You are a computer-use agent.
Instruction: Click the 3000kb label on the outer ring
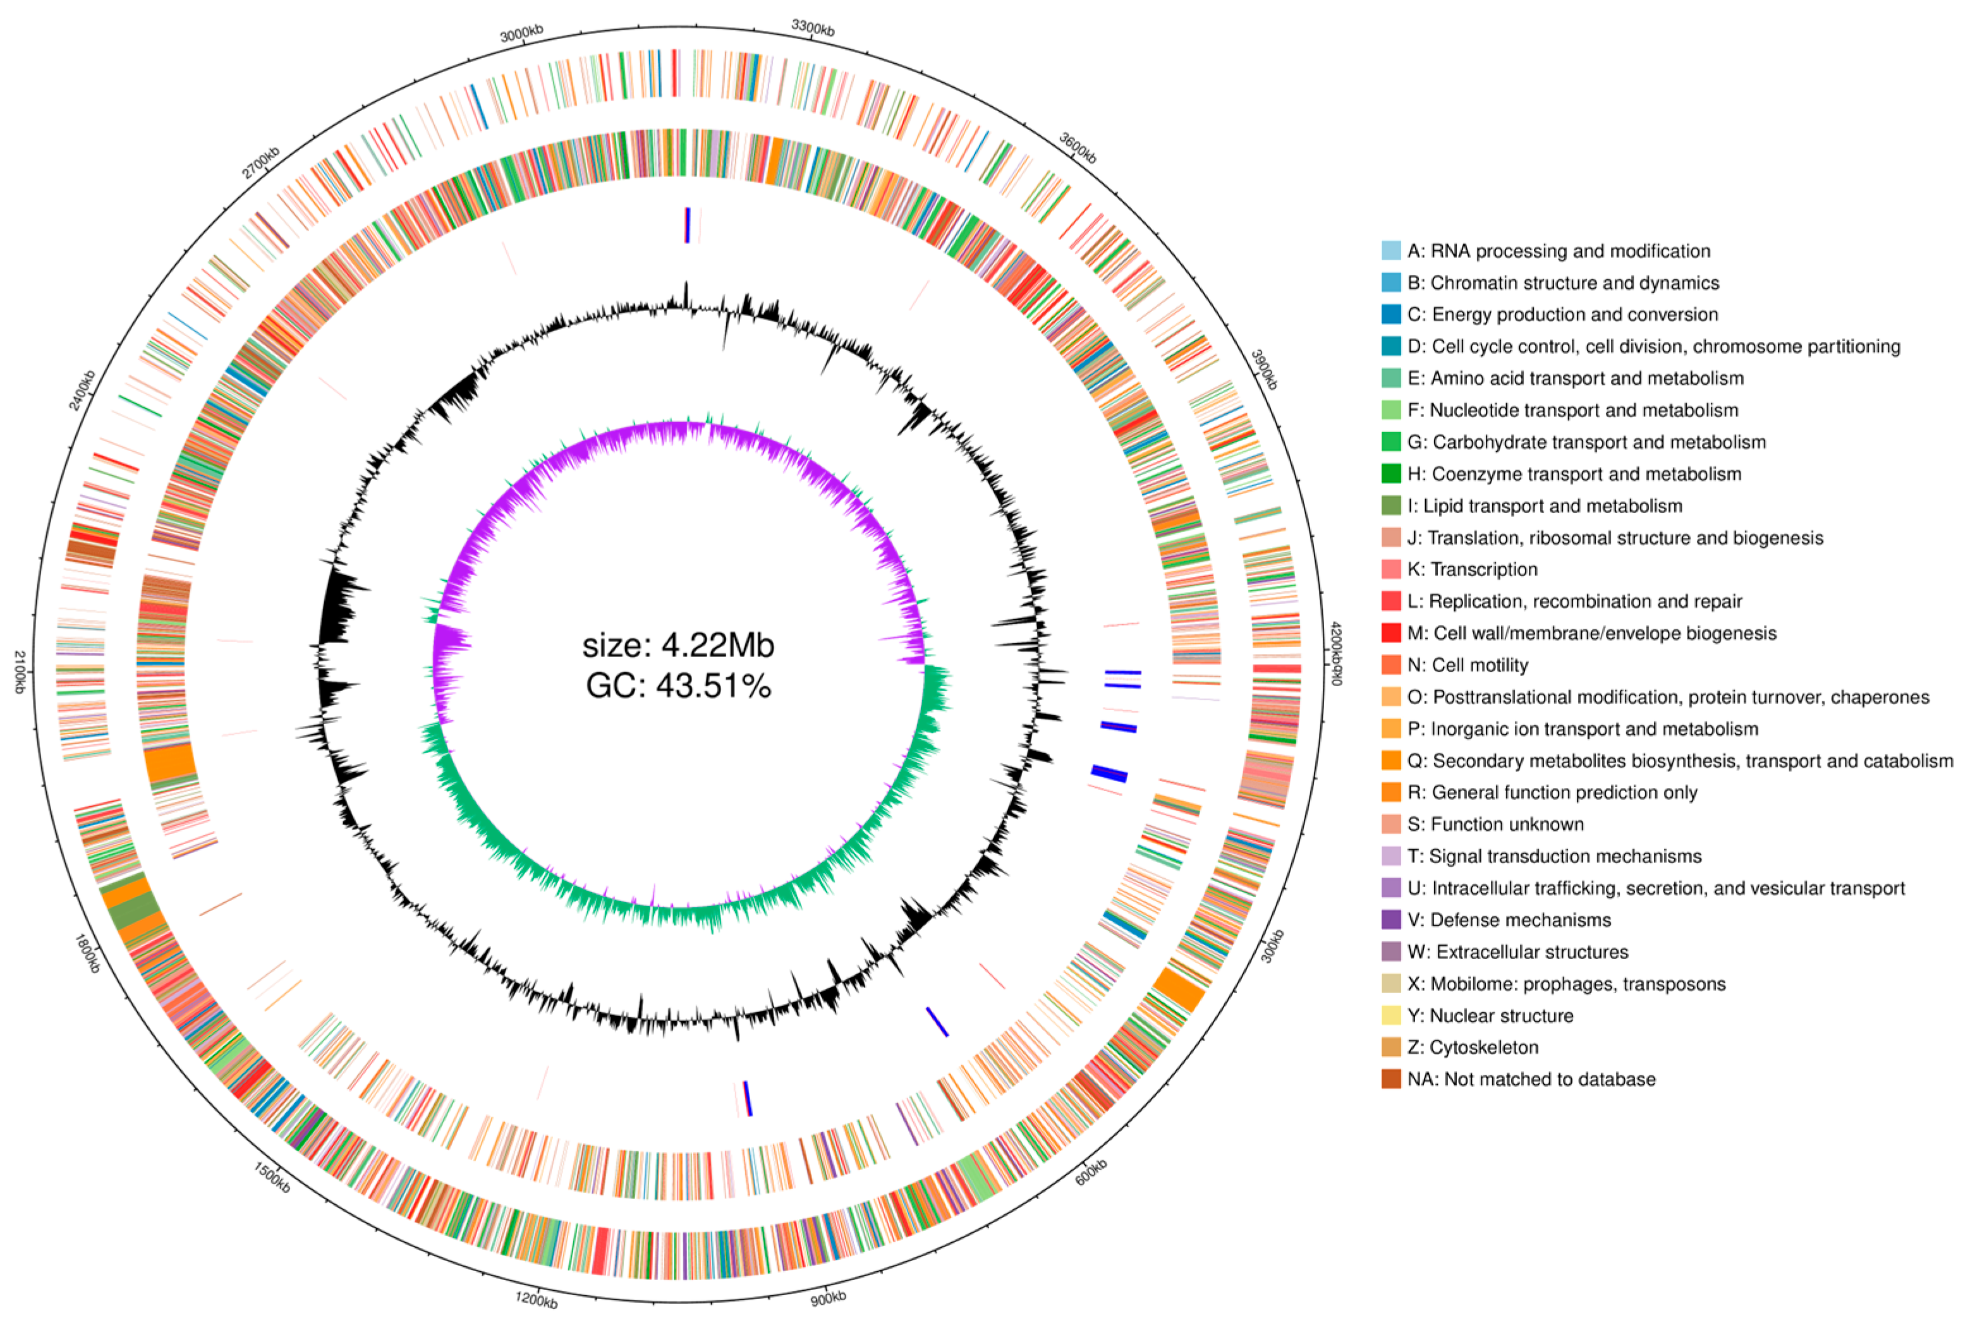coord(521,33)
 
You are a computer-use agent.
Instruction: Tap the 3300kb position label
coord(813,27)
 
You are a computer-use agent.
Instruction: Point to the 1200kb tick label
coord(537,1299)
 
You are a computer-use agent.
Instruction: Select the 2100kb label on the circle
coord(18,672)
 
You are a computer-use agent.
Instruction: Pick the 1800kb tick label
coord(87,953)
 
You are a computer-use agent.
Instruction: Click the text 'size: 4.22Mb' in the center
coord(678,646)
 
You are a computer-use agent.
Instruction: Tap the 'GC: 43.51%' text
coord(678,686)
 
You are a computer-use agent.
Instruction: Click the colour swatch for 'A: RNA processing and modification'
coord(1391,251)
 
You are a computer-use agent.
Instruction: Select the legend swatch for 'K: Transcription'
coord(1391,569)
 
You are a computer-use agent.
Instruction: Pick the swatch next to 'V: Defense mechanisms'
coord(1391,919)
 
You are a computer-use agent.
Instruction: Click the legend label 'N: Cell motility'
coord(1467,665)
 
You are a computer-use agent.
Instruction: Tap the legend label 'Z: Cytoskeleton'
coord(1473,1047)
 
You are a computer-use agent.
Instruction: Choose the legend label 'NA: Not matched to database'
coord(1531,1079)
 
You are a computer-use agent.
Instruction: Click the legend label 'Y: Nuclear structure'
coord(1490,1016)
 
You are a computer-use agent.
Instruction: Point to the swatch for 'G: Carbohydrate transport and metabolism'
coord(1391,442)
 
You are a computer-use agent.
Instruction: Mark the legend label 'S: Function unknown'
coord(1495,824)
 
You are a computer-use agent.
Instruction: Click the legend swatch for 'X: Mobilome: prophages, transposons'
coord(1391,984)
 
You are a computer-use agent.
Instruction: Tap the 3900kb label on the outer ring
coord(1263,369)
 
